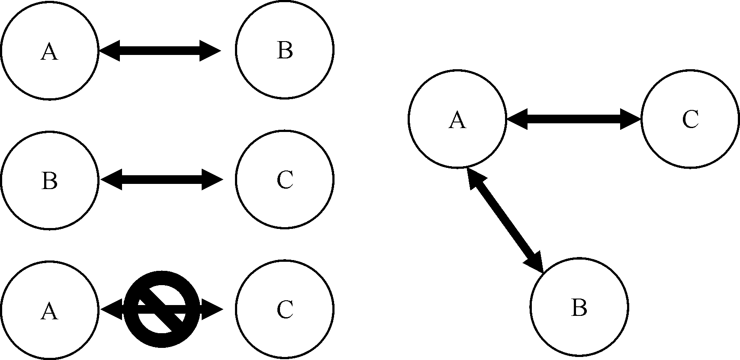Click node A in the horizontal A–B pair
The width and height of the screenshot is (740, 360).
pos(50,50)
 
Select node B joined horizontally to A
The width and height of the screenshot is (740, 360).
pos(284,49)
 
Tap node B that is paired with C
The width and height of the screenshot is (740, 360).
pos(50,180)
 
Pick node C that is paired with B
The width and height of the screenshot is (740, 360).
pos(284,179)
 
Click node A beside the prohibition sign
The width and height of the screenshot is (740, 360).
pos(50,310)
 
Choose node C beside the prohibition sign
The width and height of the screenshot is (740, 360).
pos(284,309)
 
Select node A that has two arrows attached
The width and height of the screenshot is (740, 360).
pos(457,119)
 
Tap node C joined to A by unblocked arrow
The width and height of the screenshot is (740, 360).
pos(690,119)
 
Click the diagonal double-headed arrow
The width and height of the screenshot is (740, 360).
pos(506,220)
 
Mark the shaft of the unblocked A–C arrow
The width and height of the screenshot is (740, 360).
pos(573,119)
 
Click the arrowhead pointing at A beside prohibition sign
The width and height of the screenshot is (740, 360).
pos(111,309)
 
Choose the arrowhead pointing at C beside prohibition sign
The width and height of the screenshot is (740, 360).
pos(212,309)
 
